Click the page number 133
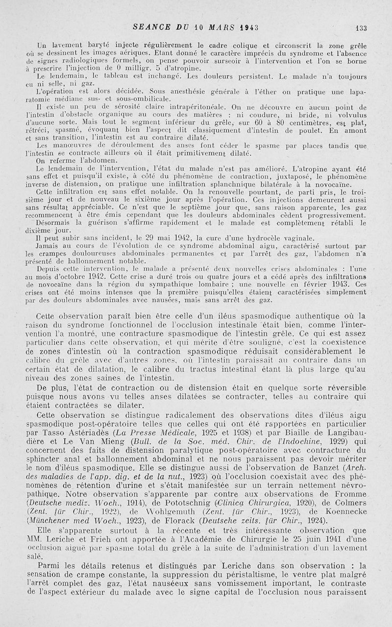pyautogui.click(x=362, y=28)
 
